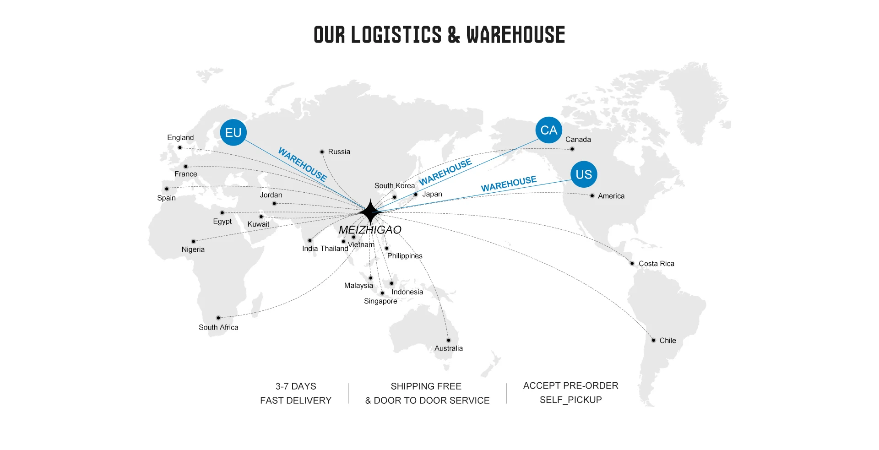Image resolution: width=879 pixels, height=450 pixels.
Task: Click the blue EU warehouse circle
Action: point(233,132)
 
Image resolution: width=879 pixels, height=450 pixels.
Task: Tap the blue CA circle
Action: point(548,130)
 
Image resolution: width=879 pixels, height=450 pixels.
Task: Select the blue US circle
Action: point(584,174)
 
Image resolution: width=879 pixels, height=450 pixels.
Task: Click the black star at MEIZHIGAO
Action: point(370,212)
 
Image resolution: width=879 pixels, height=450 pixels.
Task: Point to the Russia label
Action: point(339,152)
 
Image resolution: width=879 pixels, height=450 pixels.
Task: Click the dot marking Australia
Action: point(449,340)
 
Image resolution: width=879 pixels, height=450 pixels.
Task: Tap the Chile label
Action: point(667,341)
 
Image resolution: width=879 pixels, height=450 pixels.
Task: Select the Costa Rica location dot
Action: point(632,263)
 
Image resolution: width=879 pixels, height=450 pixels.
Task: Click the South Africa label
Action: point(218,327)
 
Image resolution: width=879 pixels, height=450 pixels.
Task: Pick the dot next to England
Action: point(180,147)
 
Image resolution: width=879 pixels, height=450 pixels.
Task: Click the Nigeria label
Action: point(193,249)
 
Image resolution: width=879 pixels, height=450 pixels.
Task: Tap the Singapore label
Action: point(380,301)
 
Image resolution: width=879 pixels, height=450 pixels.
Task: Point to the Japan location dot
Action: point(416,195)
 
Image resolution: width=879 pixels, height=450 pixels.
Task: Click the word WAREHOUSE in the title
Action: point(515,35)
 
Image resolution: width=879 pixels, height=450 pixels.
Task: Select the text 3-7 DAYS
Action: point(296,386)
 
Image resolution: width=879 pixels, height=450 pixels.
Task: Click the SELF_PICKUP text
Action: point(570,400)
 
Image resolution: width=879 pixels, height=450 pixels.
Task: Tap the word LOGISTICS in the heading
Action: point(396,35)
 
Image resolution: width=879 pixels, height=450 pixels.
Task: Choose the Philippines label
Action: point(405,256)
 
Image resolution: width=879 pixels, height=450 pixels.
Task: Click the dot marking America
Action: point(592,196)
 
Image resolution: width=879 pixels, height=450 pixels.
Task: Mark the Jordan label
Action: point(271,195)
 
